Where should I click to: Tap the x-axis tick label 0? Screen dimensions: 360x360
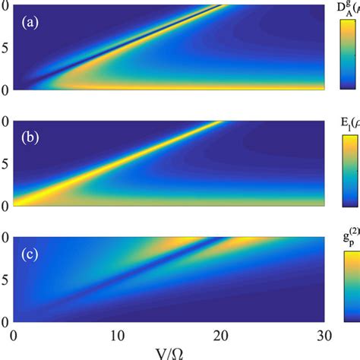[x=14, y=335]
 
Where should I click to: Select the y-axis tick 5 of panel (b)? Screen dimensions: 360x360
[x=5, y=163]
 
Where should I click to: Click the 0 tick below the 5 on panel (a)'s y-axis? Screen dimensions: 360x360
[x=5, y=89]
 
